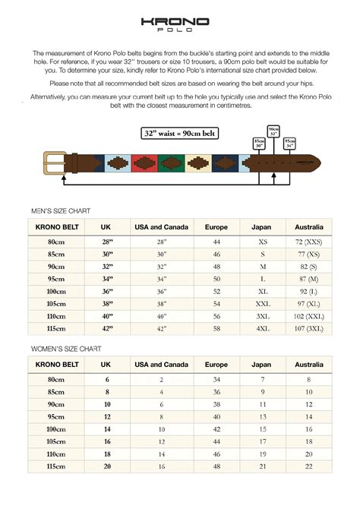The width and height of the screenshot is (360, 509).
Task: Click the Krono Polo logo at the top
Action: point(180,25)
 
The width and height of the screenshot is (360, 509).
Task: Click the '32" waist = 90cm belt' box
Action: point(178,134)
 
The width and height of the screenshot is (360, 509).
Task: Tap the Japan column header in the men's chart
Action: point(261,226)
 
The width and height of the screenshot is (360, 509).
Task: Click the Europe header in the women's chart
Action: point(216,365)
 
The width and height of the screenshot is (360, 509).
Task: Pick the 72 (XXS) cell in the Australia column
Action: point(309,241)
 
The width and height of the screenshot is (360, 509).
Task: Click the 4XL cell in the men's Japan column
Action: point(261,330)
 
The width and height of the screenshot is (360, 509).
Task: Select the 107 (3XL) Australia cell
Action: point(309,330)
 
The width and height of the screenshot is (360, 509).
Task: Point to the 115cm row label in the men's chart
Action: point(55,330)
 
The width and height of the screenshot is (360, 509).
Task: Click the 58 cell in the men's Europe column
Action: point(216,330)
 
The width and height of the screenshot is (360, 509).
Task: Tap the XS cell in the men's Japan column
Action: point(261,241)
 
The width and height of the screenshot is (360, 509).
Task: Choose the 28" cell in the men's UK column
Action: point(107,241)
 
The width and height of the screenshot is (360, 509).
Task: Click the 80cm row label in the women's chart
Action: point(55,379)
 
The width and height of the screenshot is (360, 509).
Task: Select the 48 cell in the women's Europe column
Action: point(216,466)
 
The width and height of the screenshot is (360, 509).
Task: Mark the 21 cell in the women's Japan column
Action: point(261,466)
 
